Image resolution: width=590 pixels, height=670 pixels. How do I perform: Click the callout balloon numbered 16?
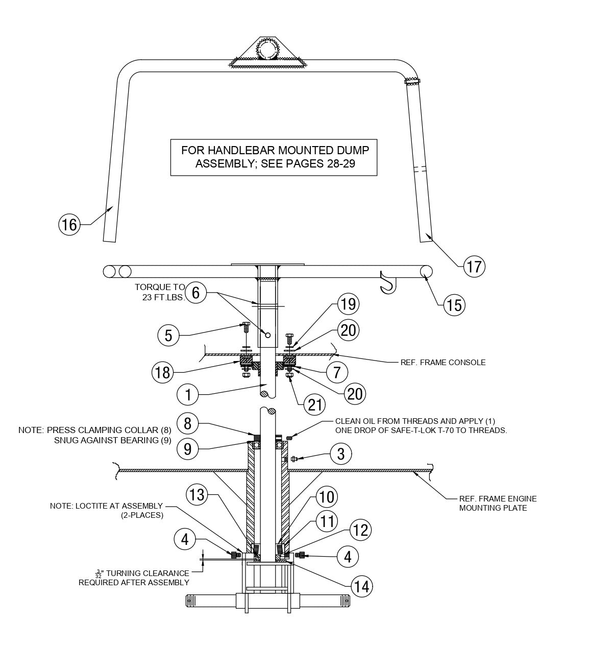tap(69, 224)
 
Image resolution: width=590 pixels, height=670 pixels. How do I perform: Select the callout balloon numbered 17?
tap(474, 266)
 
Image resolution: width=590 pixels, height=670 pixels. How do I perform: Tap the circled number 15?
tap(454, 305)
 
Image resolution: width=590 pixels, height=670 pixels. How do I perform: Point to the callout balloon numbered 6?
tap(196, 293)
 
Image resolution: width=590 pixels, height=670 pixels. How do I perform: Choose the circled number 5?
tap(168, 336)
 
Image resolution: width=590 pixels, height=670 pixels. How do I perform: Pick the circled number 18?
tap(162, 372)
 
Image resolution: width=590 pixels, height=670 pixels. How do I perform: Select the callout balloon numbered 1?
tap(188, 394)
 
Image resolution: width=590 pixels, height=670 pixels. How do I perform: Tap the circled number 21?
tap(314, 404)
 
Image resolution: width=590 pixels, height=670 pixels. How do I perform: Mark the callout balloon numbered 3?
tap(341, 453)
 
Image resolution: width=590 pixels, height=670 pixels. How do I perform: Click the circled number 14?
tap(361, 586)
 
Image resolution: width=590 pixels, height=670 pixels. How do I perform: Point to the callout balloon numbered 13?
tap(196, 494)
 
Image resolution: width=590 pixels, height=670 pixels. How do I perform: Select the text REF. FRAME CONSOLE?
tap(443, 363)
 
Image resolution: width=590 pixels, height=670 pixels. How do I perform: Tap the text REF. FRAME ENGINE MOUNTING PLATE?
tap(497, 503)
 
